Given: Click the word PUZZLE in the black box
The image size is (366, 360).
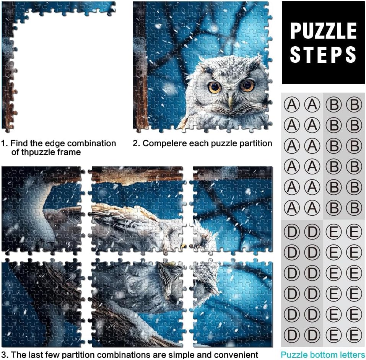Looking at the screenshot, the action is coord(324,31).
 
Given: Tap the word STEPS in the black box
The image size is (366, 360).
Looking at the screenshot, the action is coord(323,54).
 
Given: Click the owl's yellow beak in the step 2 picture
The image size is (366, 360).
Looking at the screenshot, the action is coord(231,103).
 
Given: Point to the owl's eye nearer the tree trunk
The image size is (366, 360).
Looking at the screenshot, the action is coord(214,87).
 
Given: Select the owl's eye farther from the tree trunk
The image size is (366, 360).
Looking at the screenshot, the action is coord(247,85).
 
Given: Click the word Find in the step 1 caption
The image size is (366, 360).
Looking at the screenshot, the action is coord(18,143).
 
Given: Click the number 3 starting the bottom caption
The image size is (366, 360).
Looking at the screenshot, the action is coord(3,355).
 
